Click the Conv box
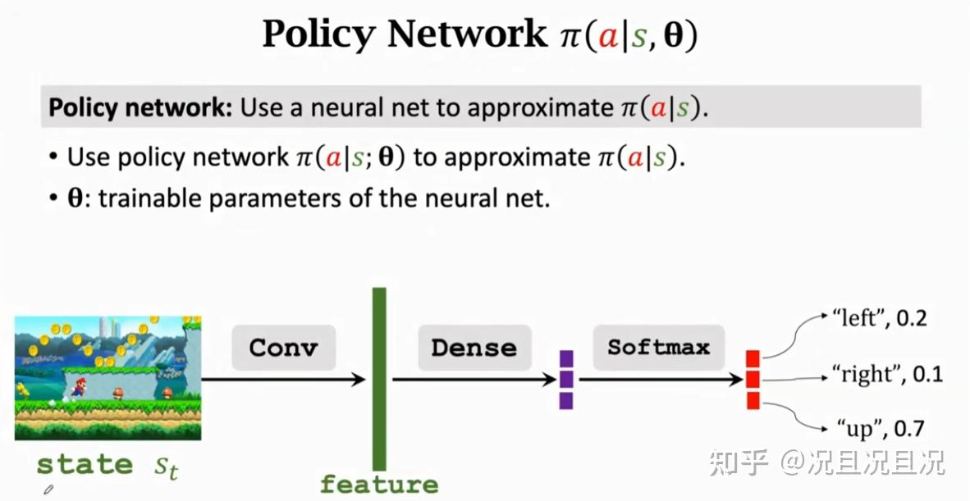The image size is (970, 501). pos(284,347)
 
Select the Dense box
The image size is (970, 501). pos(474,347)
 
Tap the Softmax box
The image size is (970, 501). pos(658,347)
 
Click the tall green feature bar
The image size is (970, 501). pos(379,380)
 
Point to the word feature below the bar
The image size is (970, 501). pos(379,485)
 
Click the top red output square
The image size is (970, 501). pos(753,358)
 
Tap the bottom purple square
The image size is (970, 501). pos(566,401)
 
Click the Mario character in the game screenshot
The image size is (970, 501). pos(79,387)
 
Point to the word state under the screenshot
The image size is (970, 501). pos(85,465)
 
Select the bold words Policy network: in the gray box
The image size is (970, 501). pos(140,107)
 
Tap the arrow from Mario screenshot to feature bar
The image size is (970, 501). pos(283,380)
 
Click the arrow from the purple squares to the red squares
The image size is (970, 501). pos(660,380)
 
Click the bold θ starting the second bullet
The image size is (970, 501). pos(75,199)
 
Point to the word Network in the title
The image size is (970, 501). pos(468,34)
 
